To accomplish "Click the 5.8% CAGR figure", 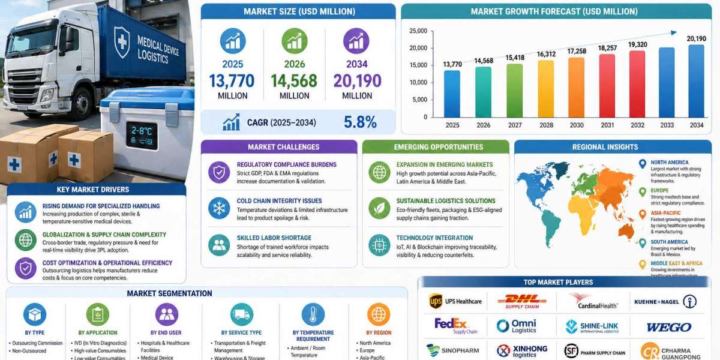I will tap(360, 122).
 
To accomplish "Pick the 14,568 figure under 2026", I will tap(294, 81).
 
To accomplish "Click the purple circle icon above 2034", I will tap(356, 41).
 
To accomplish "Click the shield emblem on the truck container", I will tap(122, 42).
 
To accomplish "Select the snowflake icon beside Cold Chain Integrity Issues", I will tap(219, 208).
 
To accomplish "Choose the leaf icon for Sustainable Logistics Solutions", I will tap(379, 208).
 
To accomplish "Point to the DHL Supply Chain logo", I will tap(521, 301).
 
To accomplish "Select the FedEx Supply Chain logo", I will tap(455, 326).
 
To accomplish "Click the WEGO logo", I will tap(668, 327).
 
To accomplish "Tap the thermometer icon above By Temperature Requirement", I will tap(313, 314).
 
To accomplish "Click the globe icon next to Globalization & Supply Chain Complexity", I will tap(26, 240).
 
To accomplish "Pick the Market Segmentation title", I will tap(169, 293).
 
